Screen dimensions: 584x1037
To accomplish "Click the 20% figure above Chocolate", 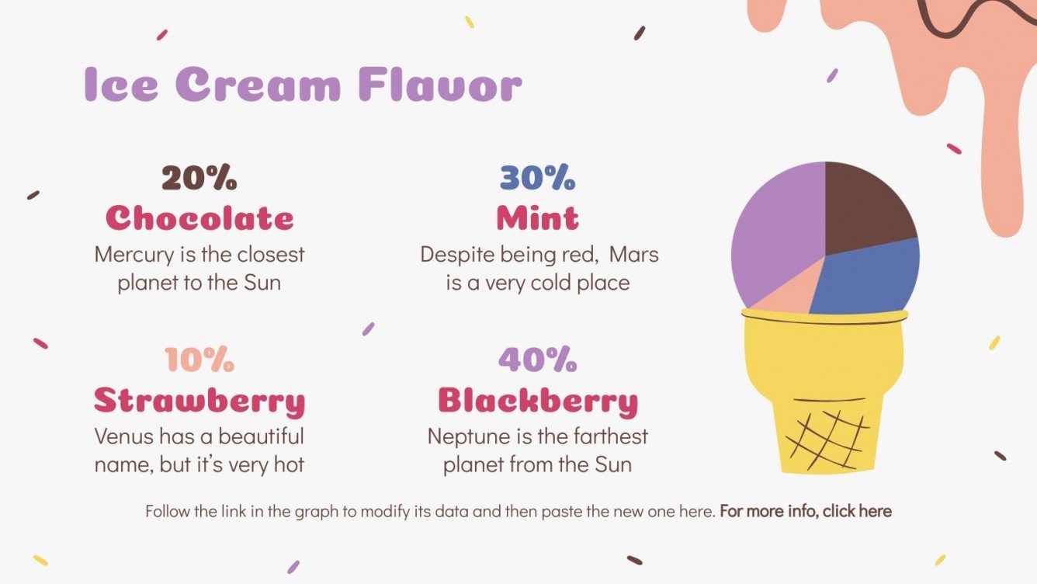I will coord(199,179).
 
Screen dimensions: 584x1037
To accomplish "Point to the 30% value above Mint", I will coord(537,179).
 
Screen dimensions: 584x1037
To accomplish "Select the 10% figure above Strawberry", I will coord(199,360).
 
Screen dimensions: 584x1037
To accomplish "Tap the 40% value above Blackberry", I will coord(537,360).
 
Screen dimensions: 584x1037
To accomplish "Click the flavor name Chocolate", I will coord(199,218).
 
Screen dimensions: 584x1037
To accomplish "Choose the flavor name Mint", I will coord(537,218).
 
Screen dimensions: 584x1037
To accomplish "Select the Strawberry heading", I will coord(199,401).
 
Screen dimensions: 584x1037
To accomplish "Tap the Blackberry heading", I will coord(537,401).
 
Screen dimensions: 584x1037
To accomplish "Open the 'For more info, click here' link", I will coord(806,511).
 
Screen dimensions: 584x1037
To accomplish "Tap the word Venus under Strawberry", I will coord(123,436).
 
